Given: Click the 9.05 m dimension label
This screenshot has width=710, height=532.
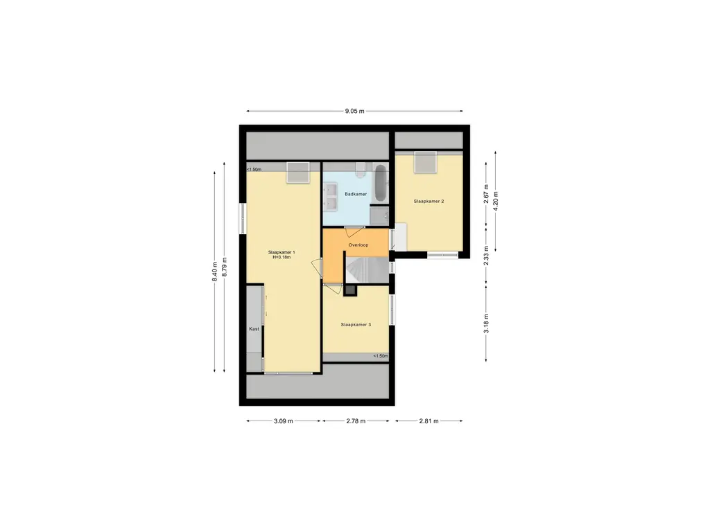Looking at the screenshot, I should [x=354, y=111].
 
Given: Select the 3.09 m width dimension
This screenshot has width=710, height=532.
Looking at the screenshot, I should [x=284, y=420].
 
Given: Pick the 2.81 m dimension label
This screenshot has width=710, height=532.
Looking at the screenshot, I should [x=428, y=420].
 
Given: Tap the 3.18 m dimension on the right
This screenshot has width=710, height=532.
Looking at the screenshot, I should [x=487, y=323].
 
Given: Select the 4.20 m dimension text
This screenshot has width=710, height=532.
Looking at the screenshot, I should [x=495, y=200].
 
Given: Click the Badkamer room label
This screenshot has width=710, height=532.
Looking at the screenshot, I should [x=356, y=195].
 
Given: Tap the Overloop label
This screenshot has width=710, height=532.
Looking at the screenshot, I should [x=358, y=245].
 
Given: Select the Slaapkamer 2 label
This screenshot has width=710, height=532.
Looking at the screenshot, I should [x=428, y=201].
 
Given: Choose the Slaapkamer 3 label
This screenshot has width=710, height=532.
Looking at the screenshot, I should [x=356, y=324].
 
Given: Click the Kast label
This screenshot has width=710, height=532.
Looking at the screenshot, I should [x=254, y=329].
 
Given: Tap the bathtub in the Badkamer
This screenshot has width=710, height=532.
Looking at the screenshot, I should [x=379, y=184].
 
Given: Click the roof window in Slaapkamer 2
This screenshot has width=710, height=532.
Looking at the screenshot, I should [x=425, y=163].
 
